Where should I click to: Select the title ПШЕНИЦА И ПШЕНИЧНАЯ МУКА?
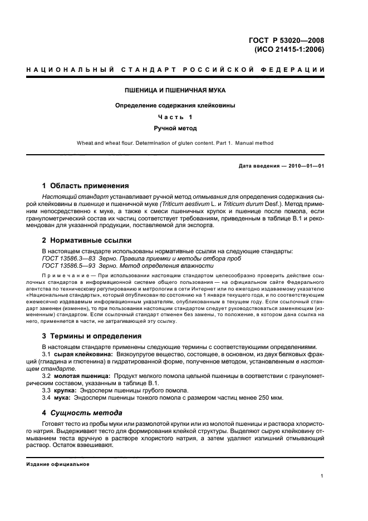(x=174, y=90)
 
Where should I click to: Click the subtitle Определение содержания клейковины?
(x=175, y=105)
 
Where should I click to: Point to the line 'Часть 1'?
(x=175, y=117)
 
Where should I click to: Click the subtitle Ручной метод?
(x=175, y=128)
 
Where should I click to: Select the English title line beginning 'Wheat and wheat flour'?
(x=175, y=143)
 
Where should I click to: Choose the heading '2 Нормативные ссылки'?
(x=87, y=240)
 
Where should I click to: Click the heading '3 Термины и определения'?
(x=92, y=336)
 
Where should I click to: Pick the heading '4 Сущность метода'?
(x=82, y=413)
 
